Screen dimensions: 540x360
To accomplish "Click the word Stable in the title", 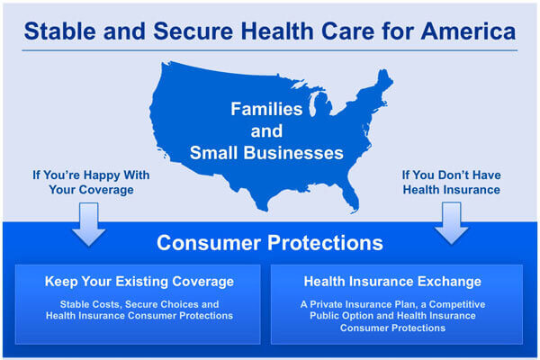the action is coord(60,31).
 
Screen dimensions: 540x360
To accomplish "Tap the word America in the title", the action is coord(468,31).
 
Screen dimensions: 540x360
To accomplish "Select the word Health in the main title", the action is coord(277,31).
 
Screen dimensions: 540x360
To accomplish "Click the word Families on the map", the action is coord(266,109).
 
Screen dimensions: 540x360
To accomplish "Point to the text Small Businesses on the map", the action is coord(266,153).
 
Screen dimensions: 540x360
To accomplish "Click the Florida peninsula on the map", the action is coord(351,196).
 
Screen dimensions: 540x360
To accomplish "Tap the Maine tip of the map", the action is coord(385,77).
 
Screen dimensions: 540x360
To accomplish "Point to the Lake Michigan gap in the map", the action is coord(312,105).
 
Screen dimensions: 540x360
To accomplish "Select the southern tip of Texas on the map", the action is coord(264,209).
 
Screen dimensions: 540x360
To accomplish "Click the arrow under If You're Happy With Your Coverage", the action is coord(89,224).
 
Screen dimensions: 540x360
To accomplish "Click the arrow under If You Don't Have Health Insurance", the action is coord(451,223).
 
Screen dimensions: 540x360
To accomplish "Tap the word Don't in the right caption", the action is coord(454,175).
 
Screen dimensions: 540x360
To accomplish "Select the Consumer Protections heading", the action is coord(270,243).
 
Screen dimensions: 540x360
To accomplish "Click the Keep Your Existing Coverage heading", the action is coord(139,282).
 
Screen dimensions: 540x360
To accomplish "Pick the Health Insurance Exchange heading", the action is coord(392,282).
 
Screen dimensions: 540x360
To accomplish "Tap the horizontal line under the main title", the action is coord(270,50).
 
